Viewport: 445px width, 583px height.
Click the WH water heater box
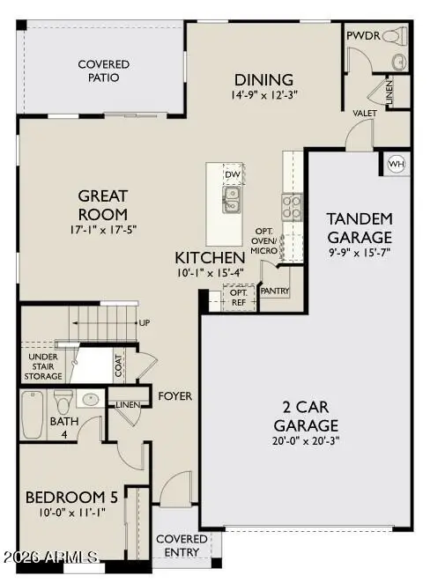pyautogui.click(x=396, y=163)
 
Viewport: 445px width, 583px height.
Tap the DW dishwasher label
pyautogui.click(x=233, y=174)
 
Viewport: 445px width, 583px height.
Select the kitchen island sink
pyautogui.click(x=233, y=206)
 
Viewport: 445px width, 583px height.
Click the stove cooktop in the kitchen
pyautogui.click(x=292, y=205)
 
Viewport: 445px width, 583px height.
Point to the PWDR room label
pyautogui.click(x=362, y=37)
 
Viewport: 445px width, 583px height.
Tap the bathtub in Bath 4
pyautogui.click(x=32, y=416)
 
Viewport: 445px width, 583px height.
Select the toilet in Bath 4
pyautogui.click(x=63, y=405)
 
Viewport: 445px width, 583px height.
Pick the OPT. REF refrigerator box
pyautogui.click(x=237, y=298)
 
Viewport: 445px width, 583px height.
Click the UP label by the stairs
pyautogui.click(x=145, y=322)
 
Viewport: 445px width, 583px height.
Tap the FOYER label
pyautogui.click(x=174, y=396)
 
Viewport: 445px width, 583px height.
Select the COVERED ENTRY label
pyautogui.click(x=182, y=544)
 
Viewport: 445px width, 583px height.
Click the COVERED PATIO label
pyautogui.click(x=103, y=70)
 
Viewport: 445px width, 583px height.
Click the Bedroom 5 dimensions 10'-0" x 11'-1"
pyautogui.click(x=70, y=513)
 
